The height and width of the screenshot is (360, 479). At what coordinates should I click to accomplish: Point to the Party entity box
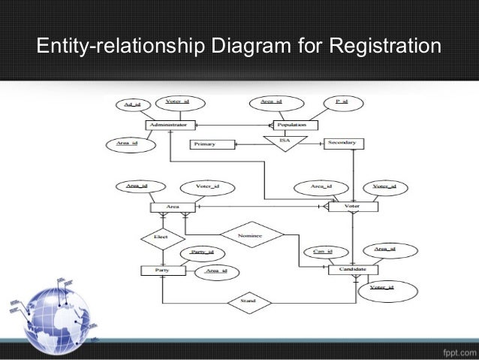(161, 270)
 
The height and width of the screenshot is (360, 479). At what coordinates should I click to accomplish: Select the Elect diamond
(160, 237)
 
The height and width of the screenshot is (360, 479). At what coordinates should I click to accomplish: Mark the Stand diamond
(249, 303)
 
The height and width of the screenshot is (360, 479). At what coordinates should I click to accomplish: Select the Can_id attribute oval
(323, 252)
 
